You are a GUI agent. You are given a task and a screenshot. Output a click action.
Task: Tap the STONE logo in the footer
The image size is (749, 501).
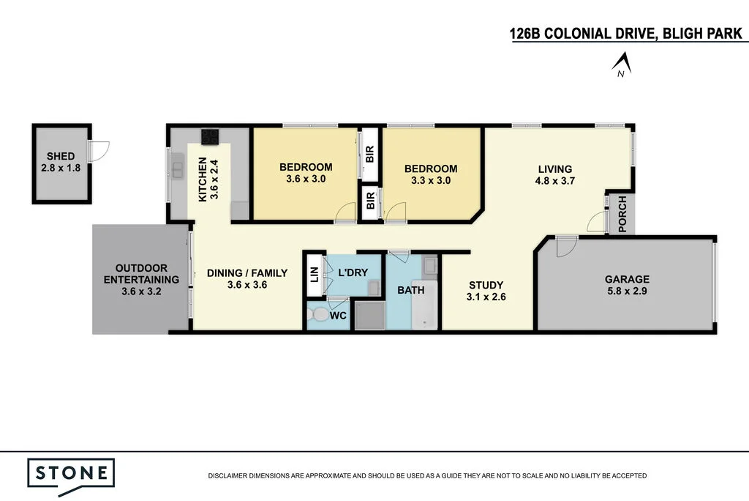71,472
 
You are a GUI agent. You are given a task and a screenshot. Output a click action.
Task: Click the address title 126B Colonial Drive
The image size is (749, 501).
625,34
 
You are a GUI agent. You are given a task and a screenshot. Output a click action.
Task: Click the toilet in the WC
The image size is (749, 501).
319,316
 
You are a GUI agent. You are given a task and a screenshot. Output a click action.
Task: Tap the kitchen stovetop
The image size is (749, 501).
210,136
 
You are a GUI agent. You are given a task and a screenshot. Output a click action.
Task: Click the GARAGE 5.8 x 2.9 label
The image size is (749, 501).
627,285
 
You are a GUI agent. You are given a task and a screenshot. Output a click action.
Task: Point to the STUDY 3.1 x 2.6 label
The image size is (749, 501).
486,291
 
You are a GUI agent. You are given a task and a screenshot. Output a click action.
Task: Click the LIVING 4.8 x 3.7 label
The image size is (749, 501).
554,174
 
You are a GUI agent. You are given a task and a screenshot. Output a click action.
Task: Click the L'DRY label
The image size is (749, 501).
353,272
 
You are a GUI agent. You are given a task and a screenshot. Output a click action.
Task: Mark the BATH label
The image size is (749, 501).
410,290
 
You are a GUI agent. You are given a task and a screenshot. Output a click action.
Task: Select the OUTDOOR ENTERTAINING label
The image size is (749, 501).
141,279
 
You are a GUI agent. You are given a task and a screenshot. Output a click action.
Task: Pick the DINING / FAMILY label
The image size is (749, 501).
246,279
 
